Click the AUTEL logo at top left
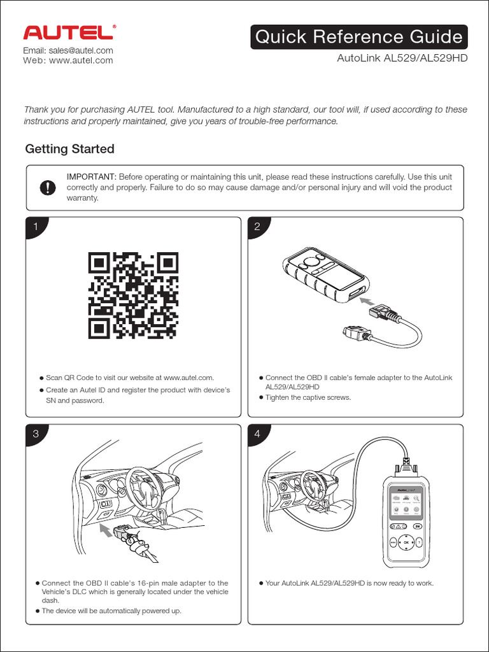tap(69, 33)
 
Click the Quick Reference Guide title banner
tap(359, 37)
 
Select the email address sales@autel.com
tap(68, 50)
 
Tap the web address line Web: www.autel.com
tap(68, 60)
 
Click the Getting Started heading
tap(69, 149)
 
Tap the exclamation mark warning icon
tap(48, 188)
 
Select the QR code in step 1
tap(133, 295)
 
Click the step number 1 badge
tap(36, 227)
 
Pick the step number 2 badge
tap(258, 227)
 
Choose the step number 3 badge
tap(36, 434)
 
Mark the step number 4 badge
tap(258, 434)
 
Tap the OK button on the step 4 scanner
tap(406, 543)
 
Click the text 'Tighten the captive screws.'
tap(308, 397)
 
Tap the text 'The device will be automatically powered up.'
tap(111, 611)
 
